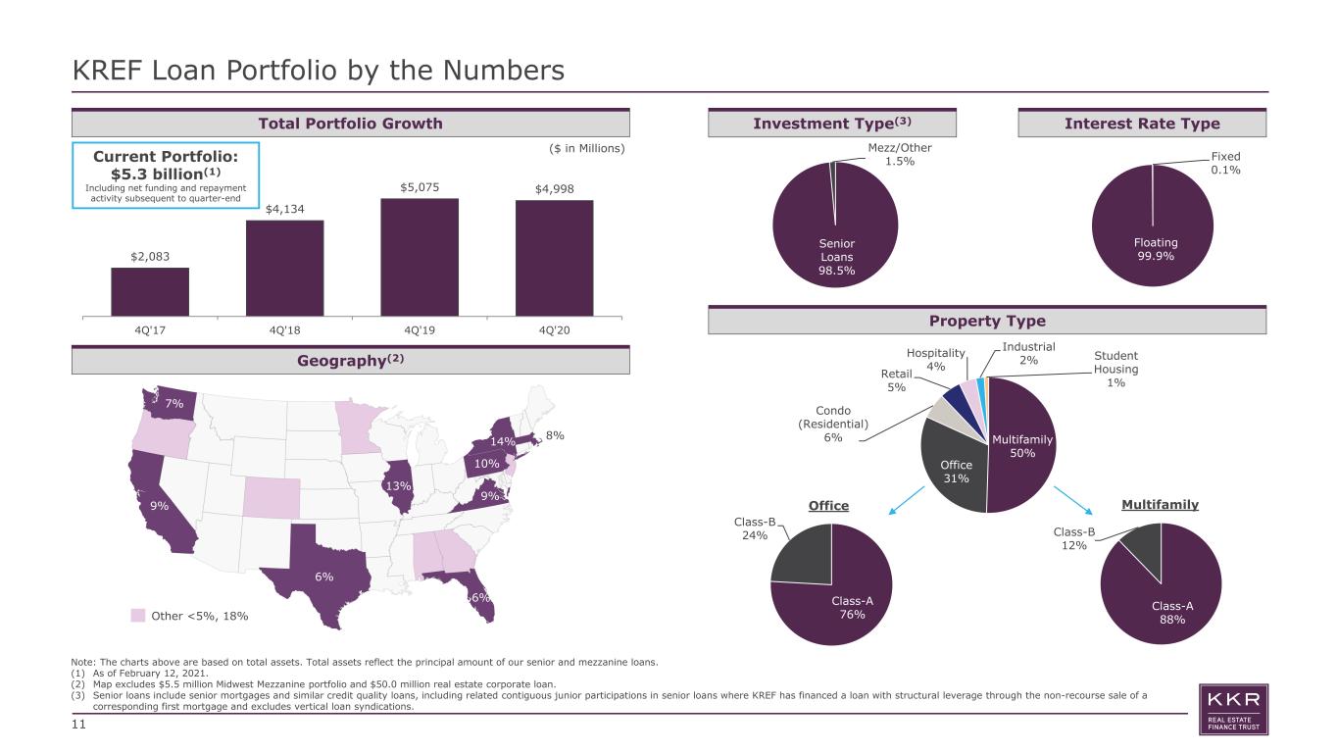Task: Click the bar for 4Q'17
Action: [x=150, y=291]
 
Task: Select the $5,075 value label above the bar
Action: [x=420, y=187]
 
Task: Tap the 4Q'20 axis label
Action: [x=555, y=330]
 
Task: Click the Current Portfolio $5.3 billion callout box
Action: [x=166, y=176]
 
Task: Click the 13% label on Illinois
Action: [x=398, y=486]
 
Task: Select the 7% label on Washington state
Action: [x=174, y=403]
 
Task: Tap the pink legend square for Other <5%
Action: [x=138, y=616]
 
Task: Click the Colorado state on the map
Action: [x=272, y=498]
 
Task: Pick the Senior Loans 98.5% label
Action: [x=836, y=257]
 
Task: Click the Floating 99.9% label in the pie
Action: [x=1156, y=249]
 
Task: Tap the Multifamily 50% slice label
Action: [x=1022, y=446]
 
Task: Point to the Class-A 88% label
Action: [x=1172, y=613]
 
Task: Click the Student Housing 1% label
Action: [x=1115, y=369]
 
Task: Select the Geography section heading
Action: [x=351, y=361]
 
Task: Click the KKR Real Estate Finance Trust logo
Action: [x=1233, y=710]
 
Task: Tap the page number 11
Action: [x=78, y=725]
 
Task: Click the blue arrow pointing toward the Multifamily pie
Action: [x=1072, y=500]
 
